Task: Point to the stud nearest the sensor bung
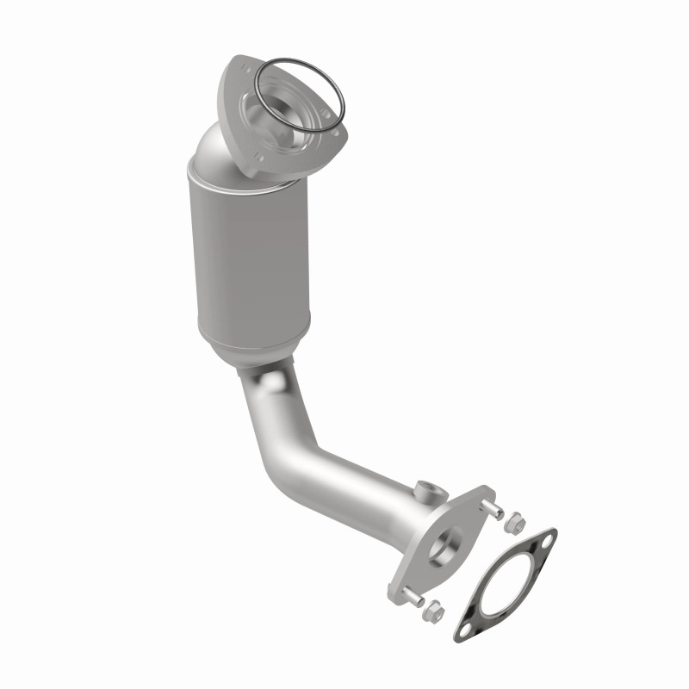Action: point(493,510)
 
